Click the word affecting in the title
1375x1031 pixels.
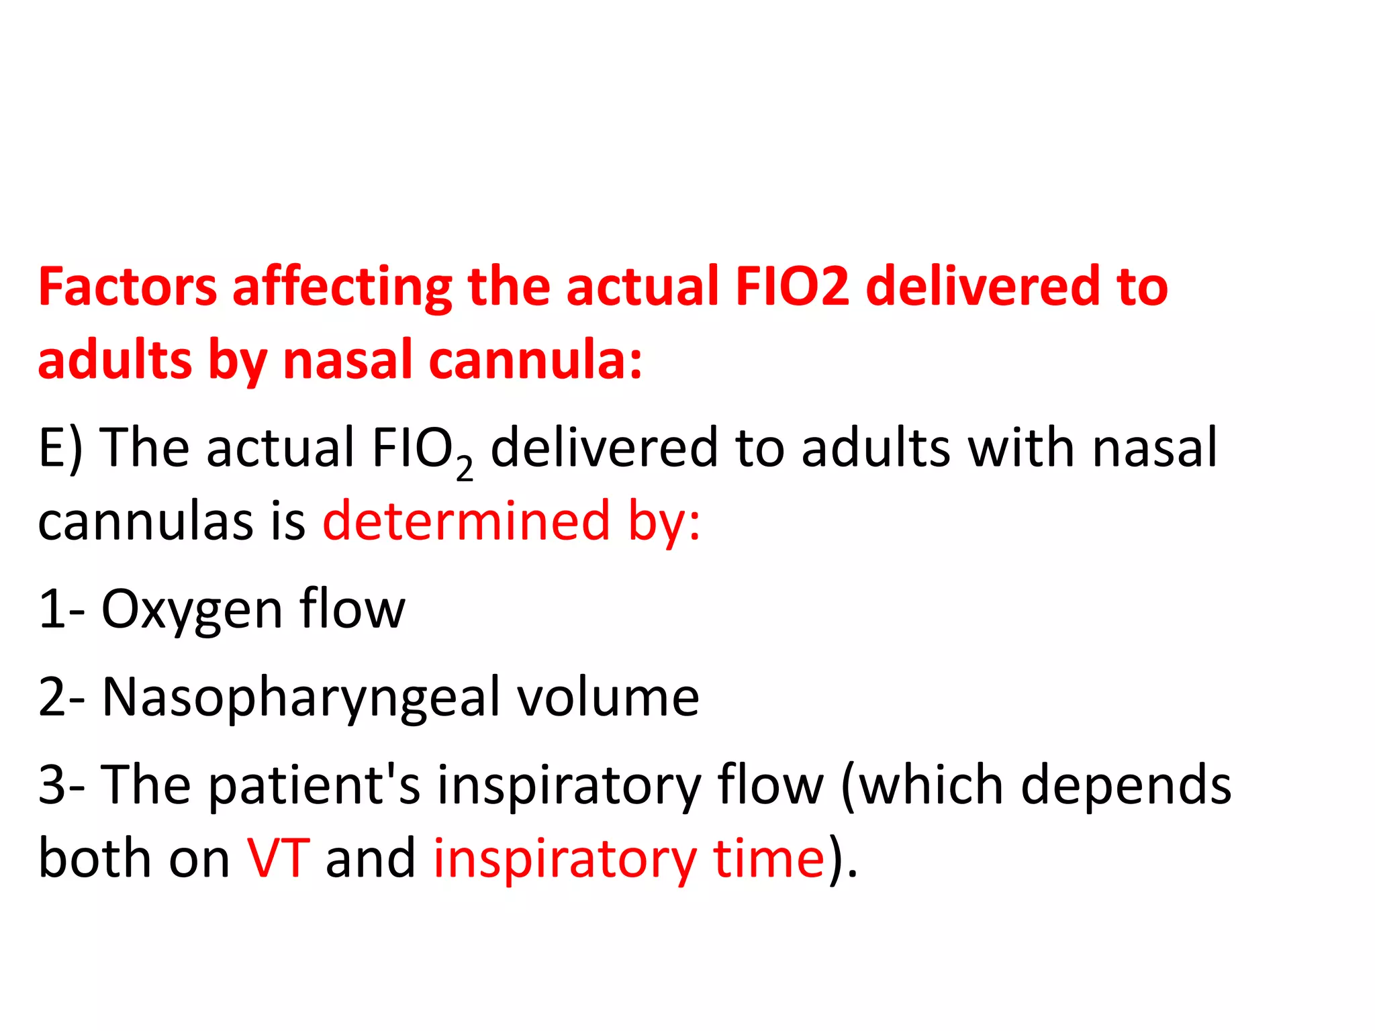(x=342, y=287)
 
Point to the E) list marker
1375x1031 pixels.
(x=60, y=448)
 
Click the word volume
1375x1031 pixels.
(x=608, y=698)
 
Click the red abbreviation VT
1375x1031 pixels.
(x=278, y=858)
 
